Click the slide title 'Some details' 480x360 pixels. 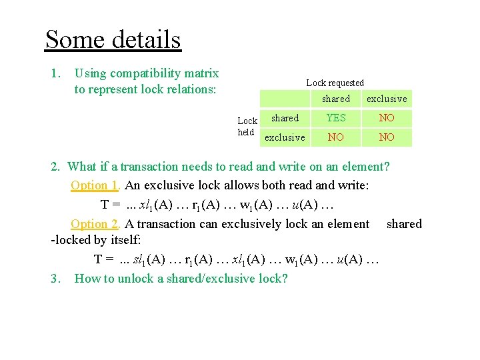113,40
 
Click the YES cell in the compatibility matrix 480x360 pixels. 336,118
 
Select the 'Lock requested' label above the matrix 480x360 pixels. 335,83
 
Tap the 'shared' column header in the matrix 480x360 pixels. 336,99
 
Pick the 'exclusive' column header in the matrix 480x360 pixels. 387,99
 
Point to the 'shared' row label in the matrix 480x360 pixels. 285,118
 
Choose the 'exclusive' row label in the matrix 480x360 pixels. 285,137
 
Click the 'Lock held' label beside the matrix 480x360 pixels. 247,126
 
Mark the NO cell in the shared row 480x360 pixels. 387,118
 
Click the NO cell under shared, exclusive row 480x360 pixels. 336,137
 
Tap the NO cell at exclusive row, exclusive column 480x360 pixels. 387,137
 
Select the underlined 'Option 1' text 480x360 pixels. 89,185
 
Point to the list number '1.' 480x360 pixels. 56,73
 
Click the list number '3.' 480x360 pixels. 56,278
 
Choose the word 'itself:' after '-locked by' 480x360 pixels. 123,239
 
